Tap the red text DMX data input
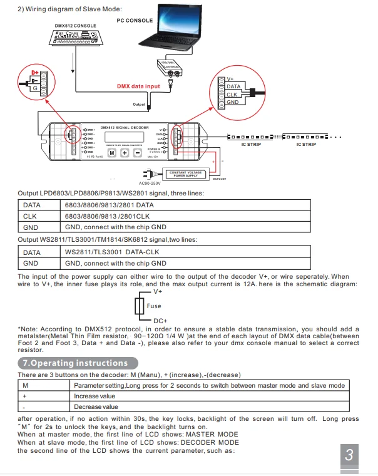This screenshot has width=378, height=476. (x=138, y=86)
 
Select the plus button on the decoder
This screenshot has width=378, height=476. (x=125, y=153)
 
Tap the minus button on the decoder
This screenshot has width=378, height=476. (x=137, y=153)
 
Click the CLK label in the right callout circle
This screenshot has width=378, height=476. (x=232, y=95)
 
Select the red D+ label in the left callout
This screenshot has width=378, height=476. (x=35, y=73)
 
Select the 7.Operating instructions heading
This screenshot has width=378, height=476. (x=75, y=363)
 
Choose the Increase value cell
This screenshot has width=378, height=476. (x=94, y=396)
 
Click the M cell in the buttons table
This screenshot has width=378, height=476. (x=25, y=385)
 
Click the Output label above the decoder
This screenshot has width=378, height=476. (x=139, y=105)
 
